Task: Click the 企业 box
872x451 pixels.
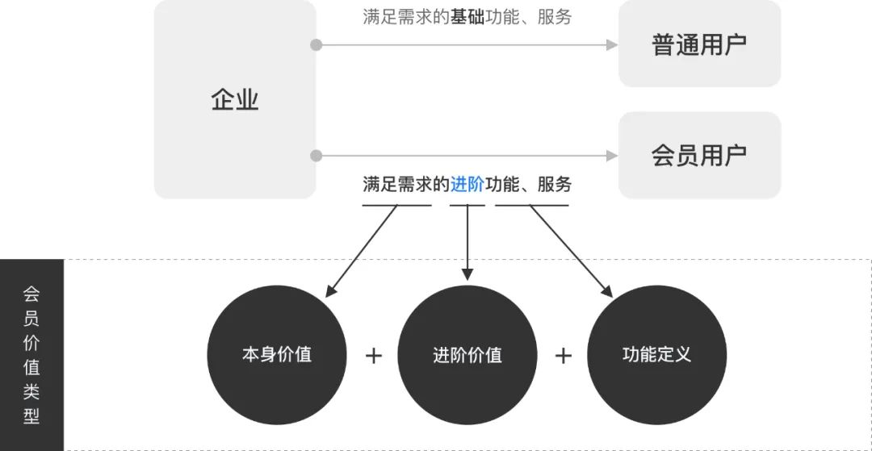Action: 235,100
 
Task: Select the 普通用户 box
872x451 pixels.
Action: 699,44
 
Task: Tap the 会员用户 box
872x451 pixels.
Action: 699,155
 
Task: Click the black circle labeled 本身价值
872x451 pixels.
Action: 277,354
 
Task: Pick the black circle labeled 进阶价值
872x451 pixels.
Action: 467,354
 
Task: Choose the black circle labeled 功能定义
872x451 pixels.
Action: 656,354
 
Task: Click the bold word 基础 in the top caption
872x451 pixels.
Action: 467,17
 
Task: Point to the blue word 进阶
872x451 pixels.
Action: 467,184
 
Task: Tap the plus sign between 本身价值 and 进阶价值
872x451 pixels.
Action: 373,355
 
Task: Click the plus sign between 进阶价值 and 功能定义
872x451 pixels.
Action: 564,355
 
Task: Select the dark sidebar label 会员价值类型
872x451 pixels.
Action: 31,355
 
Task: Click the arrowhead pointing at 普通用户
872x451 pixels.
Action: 612,45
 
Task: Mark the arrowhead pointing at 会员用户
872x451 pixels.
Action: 612,156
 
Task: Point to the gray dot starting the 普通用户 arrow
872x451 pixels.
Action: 317,45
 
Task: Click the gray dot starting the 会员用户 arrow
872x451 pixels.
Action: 317,156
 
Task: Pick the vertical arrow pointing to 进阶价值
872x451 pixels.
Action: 467,242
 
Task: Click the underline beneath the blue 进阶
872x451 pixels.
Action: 467,205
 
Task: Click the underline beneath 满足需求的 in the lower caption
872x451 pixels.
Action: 396,205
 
